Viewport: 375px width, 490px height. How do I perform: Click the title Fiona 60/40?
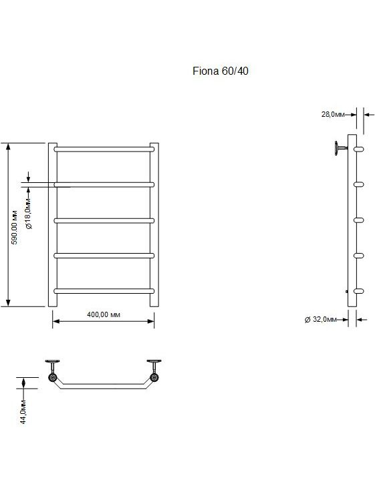click(221, 71)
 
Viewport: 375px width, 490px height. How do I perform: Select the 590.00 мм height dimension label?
click(15, 227)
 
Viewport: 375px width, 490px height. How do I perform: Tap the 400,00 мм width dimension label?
click(104, 314)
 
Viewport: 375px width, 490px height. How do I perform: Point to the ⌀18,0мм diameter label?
click(28, 214)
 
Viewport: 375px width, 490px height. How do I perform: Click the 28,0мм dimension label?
click(333, 114)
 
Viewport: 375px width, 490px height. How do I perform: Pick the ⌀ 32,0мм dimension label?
click(320, 319)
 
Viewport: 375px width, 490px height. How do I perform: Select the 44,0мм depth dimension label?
click(23, 412)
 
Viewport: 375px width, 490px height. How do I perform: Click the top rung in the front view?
click(104, 150)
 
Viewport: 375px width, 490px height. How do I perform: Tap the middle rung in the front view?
click(104, 220)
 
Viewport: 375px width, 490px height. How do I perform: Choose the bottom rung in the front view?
click(104, 291)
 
